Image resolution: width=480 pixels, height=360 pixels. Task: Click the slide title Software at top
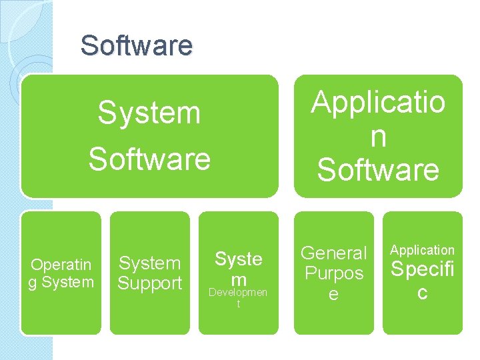(x=136, y=46)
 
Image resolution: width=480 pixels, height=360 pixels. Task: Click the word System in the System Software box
(x=149, y=113)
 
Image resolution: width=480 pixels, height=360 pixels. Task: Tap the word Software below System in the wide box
(x=149, y=159)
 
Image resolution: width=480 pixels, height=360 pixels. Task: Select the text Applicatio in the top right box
(x=378, y=103)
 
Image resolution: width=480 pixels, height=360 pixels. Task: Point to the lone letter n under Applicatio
(x=378, y=137)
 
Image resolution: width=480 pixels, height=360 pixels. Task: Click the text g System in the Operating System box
(x=61, y=282)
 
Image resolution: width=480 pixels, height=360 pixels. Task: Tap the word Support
(x=149, y=283)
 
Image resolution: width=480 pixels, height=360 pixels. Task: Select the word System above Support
(x=149, y=264)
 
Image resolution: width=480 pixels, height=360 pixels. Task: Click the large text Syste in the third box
(x=238, y=259)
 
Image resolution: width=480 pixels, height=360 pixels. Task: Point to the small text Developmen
(x=238, y=293)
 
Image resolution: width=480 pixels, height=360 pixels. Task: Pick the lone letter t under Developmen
(x=238, y=305)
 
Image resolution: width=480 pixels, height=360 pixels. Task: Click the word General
(x=334, y=253)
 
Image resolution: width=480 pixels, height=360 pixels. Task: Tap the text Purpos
(x=334, y=273)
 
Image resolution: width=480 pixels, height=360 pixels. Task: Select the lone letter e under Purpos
(x=334, y=294)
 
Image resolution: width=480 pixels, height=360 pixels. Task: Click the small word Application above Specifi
(x=422, y=250)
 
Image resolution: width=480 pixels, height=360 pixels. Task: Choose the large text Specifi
(x=422, y=270)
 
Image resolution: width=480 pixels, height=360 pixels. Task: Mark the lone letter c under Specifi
(x=422, y=292)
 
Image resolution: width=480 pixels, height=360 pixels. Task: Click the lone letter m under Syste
(x=238, y=279)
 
